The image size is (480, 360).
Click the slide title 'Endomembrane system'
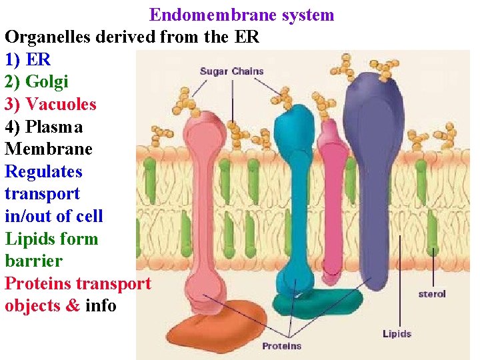click(x=241, y=15)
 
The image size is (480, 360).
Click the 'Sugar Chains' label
click(x=231, y=71)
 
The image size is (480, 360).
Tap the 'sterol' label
click(x=432, y=293)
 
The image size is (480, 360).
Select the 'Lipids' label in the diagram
click(x=397, y=333)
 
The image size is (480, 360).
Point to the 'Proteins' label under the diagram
click(x=281, y=346)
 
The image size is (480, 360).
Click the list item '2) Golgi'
click(x=37, y=82)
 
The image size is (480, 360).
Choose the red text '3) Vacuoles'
click(x=51, y=105)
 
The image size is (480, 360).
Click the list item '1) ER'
click(x=28, y=59)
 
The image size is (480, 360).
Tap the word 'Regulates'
click(x=44, y=172)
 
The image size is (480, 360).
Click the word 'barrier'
click(x=33, y=261)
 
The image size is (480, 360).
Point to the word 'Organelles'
click(x=50, y=37)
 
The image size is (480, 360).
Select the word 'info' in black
click(x=101, y=306)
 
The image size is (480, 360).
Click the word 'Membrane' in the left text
click(x=48, y=149)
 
